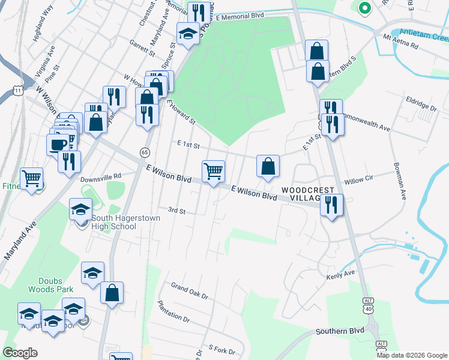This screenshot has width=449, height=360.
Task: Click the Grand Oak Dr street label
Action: (x=189, y=290)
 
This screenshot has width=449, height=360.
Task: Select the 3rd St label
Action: (x=177, y=211)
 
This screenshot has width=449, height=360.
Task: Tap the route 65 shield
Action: (x=145, y=152)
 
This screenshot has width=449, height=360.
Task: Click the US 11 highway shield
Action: (x=18, y=91)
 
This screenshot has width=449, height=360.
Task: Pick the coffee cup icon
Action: (x=58, y=145)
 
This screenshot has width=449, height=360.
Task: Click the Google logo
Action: (x=20, y=353)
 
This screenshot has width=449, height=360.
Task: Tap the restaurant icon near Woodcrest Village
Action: (x=331, y=205)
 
